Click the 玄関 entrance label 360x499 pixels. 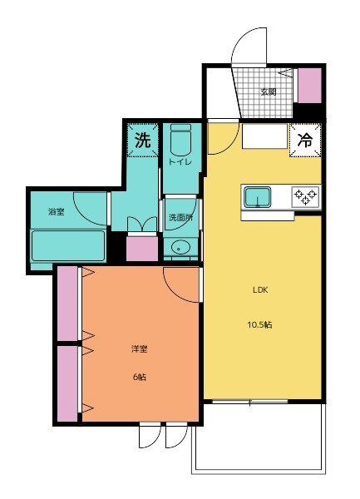268,92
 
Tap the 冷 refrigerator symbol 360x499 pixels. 303,141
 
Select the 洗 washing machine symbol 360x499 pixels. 143,140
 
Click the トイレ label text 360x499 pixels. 180,162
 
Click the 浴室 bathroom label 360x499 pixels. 57,212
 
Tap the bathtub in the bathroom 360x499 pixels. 68,246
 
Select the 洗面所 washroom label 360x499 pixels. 180,218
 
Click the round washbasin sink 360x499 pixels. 180,247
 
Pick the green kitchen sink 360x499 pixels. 258,197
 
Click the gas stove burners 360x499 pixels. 305,197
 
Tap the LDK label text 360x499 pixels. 261,291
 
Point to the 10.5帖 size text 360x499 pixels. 262,324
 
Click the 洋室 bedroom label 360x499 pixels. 139,349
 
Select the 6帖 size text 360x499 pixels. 139,377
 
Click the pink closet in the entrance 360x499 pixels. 309,85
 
